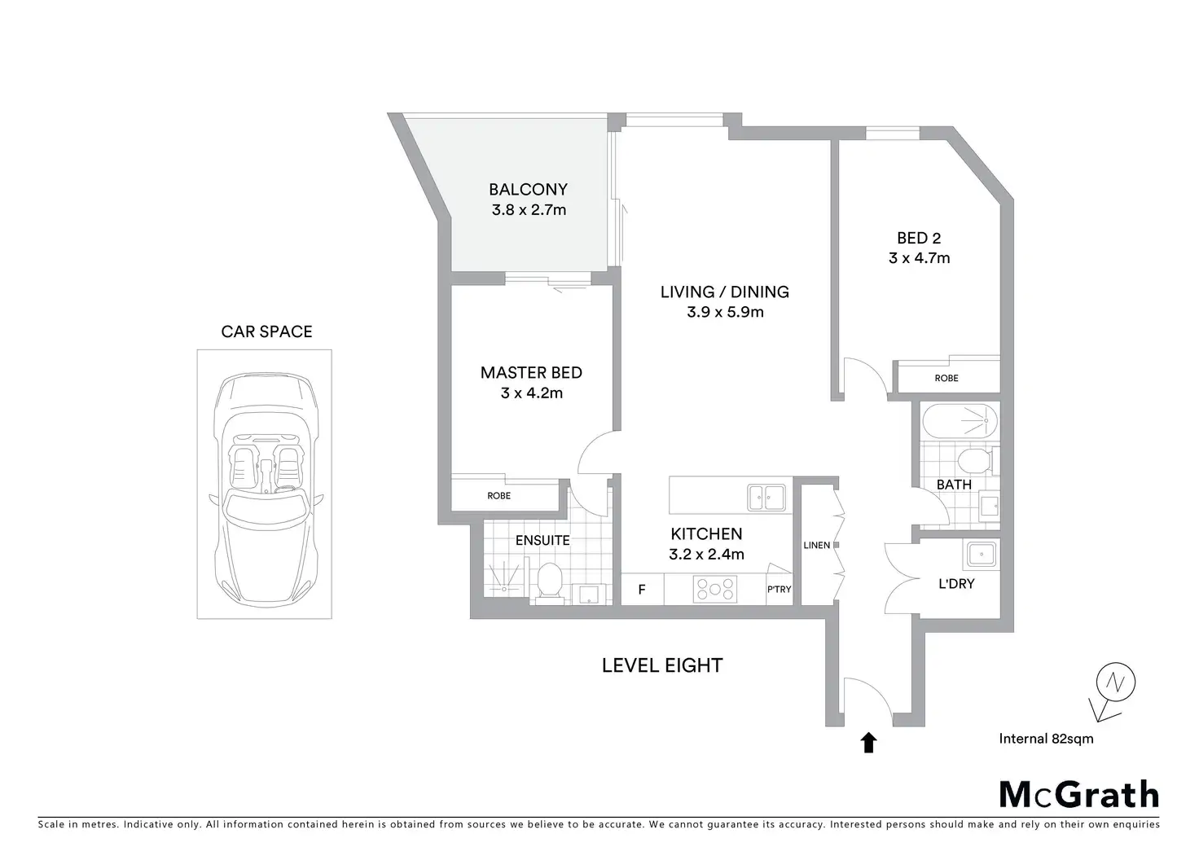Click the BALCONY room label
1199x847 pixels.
(528, 190)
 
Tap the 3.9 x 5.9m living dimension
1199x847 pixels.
(725, 312)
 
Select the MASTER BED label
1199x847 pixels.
(531, 373)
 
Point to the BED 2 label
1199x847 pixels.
(919, 239)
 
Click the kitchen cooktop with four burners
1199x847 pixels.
(715, 589)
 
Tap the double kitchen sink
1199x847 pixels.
(766, 497)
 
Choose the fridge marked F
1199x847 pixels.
(642, 590)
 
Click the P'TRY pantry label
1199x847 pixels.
(779, 590)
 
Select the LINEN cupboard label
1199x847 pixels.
(817, 545)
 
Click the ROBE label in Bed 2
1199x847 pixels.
(946, 378)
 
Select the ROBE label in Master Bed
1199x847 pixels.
(499, 496)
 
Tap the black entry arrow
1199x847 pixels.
(868, 742)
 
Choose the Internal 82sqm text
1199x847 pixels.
(1046, 739)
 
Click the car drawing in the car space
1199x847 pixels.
(265, 484)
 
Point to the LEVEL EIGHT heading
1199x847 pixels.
(662, 665)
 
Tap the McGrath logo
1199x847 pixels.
(1078, 794)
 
